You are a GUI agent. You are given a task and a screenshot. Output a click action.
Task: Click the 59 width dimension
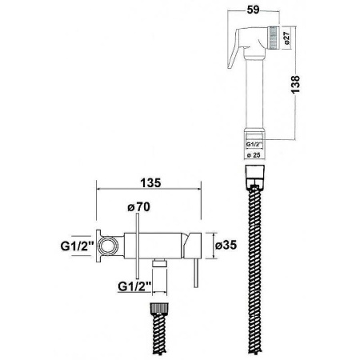click(253, 10)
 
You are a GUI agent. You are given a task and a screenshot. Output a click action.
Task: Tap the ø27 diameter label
click(286, 38)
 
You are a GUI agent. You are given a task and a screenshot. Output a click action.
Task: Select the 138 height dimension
click(295, 84)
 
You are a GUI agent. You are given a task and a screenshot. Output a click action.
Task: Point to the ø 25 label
click(253, 155)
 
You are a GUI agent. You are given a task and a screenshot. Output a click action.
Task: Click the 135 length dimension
click(150, 183)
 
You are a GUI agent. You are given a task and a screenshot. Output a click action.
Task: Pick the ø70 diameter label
click(138, 207)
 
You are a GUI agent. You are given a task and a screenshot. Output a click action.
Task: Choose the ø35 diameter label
click(226, 245)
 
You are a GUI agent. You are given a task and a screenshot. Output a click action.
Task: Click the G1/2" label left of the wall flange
click(78, 246)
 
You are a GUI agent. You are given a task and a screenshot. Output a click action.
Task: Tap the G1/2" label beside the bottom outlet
click(134, 286)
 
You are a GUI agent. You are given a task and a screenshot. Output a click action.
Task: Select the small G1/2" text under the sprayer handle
click(254, 144)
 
